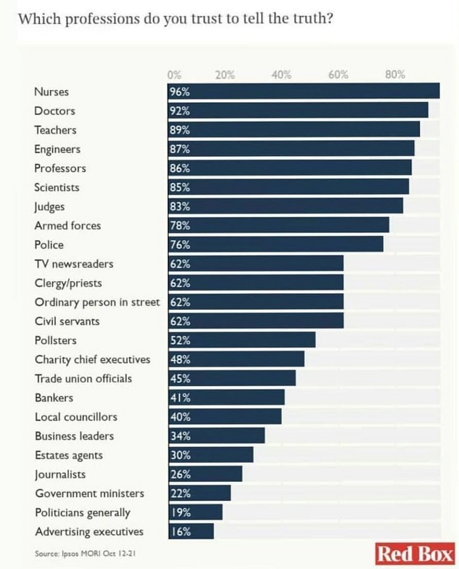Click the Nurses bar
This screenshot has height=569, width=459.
[x=305, y=91]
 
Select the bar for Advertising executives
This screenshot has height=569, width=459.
[x=191, y=531]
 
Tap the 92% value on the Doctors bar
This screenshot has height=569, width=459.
[x=180, y=111]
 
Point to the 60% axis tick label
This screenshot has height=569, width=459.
[x=338, y=75]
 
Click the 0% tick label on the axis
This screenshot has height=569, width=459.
[x=174, y=75]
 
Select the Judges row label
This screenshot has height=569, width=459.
[x=49, y=207]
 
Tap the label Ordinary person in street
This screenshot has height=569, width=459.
[x=96, y=302]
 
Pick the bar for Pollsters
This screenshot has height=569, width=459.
[x=242, y=340]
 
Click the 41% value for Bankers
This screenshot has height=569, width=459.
[x=180, y=398]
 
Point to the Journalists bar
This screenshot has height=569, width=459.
[x=206, y=474]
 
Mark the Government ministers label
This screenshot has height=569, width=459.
[x=89, y=494]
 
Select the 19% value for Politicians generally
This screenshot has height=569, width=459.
[x=180, y=512]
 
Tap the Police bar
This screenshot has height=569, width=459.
[x=276, y=245]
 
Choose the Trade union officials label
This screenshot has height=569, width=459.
[x=83, y=378]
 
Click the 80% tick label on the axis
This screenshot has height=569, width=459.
[x=395, y=75]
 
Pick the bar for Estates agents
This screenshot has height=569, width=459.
[x=211, y=455]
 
